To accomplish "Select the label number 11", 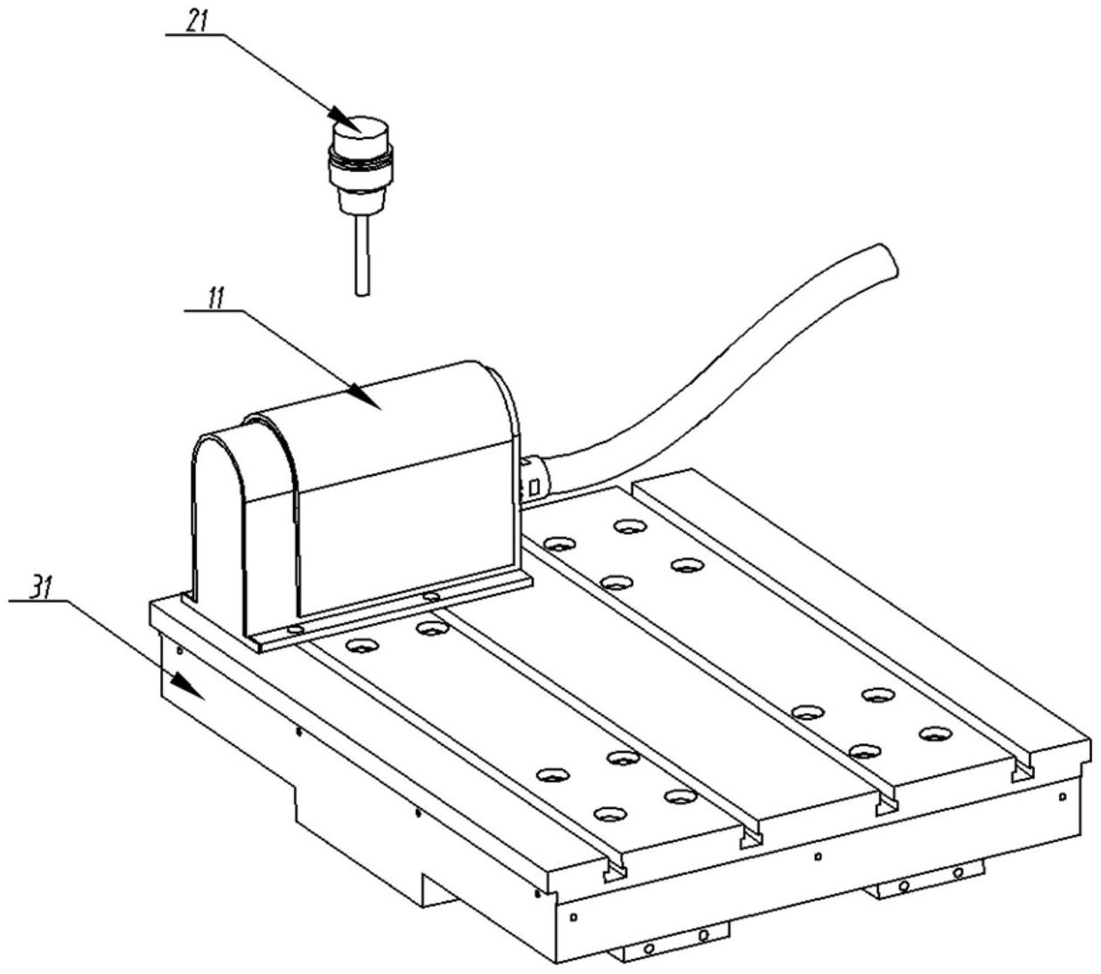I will pyautogui.click(x=214, y=299).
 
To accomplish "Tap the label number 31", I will pyautogui.click(x=37, y=588).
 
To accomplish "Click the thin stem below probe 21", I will pyautogui.click(x=361, y=254).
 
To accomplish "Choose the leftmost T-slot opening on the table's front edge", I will pyautogui.click(x=612, y=868).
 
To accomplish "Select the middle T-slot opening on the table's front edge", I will pyautogui.click(x=752, y=838).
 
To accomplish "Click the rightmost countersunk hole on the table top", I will pyautogui.click(x=934, y=734).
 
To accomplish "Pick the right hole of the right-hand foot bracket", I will pyautogui.click(x=958, y=872).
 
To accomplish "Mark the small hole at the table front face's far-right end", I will pyautogui.click(x=1061, y=796).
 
